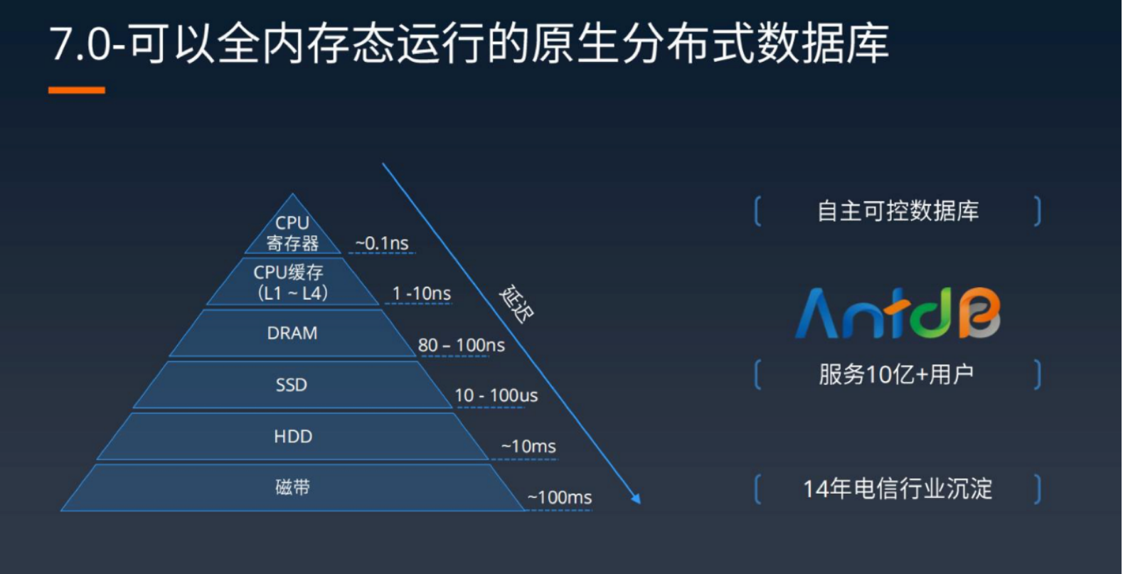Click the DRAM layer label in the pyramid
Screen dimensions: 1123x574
[x=292, y=333]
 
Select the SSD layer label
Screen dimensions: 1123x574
[x=292, y=385]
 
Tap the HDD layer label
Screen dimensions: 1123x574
[x=293, y=436]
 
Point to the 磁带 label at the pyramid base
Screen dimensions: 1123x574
[x=293, y=487]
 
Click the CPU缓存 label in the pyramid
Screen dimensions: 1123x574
[x=289, y=272]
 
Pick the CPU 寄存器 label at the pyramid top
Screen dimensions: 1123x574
[x=292, y=233]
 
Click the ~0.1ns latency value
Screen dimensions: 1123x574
[x=381, y=243]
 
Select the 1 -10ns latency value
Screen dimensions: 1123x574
[x=421, y=293]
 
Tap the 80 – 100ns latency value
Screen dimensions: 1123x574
[x=462, y=345]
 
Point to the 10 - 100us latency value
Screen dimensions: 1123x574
[x=496, y=395]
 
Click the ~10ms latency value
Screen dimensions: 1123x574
[x=528, y=446]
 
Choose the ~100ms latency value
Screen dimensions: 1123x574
[x=560, y=497]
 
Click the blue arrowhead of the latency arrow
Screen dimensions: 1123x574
[x=637, y=499]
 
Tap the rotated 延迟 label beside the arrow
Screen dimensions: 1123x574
[x=517, y=304]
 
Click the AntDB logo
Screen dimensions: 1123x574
[x=898, y=313]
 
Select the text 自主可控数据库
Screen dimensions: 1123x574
[x=898, y=211]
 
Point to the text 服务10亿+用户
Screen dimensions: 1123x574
[x=896, y=374]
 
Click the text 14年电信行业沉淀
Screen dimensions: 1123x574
[x=898, y=488]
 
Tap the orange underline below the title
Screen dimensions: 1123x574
[x=77, y=90]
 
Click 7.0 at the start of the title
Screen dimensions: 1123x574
[x=80, y=45]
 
